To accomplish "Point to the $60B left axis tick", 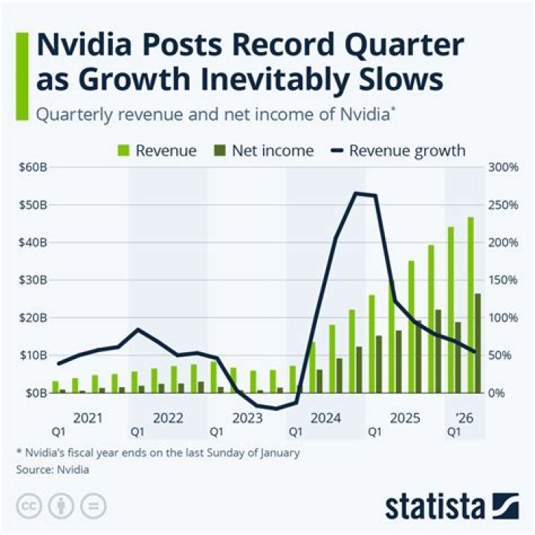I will pyautogui.click(x=30, y=167).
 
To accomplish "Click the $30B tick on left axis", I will pyautogui.click(x=30, y=280).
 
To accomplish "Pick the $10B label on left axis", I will pyautogui.click(x=30, y=355).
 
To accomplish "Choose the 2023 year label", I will pyautogui.click(x=247, y=418).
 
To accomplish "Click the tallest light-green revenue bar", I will pyautogui.click(x=470, y=305).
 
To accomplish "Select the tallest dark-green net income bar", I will pyautogui.click(x=477, y=343).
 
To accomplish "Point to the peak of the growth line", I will pyautogui.click(x=357, y=193).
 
